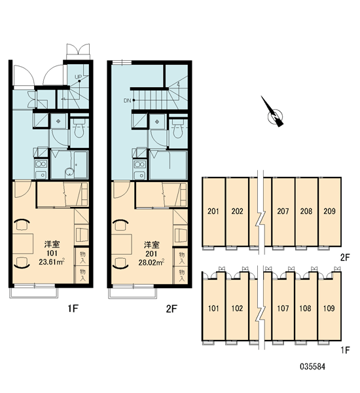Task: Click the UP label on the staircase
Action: tap(79, 77)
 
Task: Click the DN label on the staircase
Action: tap(127, 100)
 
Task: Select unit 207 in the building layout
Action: tap(283, 212)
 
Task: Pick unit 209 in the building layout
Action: tap(329, 212)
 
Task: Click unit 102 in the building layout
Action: tap(237, 308)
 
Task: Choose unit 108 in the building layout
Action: tap(306, 308)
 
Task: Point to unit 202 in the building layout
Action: tap(237, 212)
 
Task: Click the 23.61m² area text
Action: tap(52, 262)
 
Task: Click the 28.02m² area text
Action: tap(151, 263)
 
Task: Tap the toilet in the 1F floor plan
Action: tap(79, 128)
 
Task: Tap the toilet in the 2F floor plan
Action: tap(178, 128)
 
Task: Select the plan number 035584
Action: tap(313, 367)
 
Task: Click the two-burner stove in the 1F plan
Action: tap(41, 164)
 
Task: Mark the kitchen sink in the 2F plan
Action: tap(140, 175)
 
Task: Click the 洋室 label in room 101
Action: tap(52, 244)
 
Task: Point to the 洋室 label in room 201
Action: tap(152, 244)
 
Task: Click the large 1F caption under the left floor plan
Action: tap(73, 309)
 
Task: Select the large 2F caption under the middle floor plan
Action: tap(171, 309)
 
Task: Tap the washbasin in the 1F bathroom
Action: tap(69, 172)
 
